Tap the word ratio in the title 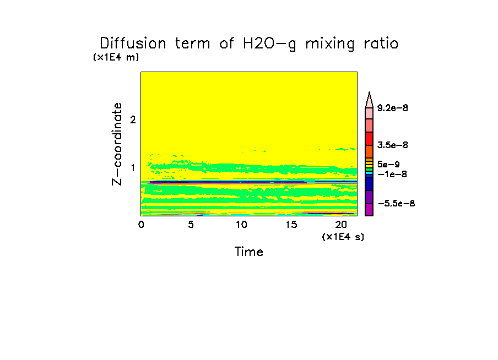click(378, 43)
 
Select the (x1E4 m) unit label click(116, 57)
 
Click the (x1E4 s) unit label click(343, 237)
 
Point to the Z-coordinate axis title click(117, 144)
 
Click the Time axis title click(249, 252)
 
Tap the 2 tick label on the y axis click(132, 119)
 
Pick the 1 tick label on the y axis click(133, 167)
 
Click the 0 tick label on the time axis click(141, 225)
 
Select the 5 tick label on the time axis click(191, 225)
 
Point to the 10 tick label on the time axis click(241, 225)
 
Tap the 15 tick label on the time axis click(291, 225)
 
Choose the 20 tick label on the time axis click(341, 225)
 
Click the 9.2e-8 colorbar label click(392, 108)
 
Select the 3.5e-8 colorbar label click(392, 145)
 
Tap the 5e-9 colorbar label click(388, 164)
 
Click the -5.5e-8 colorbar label click(396, 204)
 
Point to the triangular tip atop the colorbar click(370, 98)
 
